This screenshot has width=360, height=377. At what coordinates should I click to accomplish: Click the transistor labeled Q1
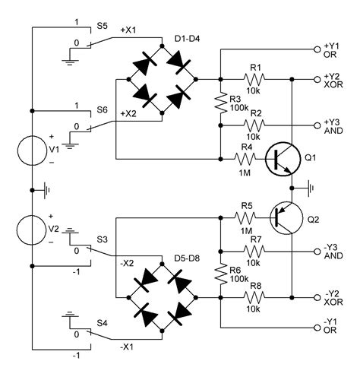click(283, 160)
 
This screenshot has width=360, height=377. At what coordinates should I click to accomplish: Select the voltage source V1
click(33, 149)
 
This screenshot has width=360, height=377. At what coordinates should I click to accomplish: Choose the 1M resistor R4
click(246, 160)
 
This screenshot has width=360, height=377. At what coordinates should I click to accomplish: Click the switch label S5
click(102, 25)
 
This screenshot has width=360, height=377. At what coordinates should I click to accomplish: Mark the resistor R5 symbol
click(246, 217)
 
